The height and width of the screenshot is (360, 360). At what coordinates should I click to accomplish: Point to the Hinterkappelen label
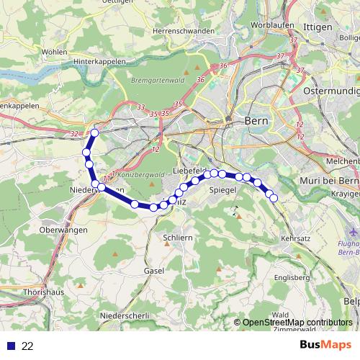[101, 63]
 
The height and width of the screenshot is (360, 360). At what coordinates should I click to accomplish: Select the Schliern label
[177, 237]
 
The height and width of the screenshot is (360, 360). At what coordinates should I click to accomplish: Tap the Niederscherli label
[125, 316]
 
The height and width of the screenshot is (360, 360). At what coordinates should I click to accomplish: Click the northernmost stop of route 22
[95, 132]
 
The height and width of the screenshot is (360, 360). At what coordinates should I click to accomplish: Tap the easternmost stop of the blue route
[274, 197]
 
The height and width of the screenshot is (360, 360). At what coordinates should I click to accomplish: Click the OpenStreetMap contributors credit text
[297, 323]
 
